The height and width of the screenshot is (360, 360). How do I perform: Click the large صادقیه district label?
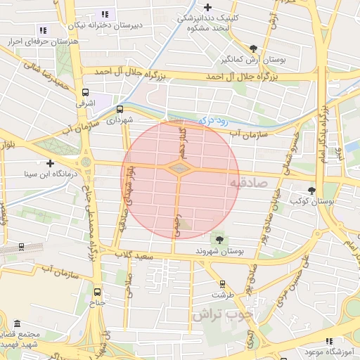[250, 183]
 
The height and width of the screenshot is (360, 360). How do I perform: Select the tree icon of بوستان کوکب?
[312, 190]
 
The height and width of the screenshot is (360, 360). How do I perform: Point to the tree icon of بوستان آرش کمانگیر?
[253, 49]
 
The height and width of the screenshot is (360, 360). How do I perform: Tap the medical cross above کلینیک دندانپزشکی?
[229, 6]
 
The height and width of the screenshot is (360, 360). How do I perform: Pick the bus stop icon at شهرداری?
[120, 109]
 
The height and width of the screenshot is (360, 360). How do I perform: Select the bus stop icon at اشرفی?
[86, 92]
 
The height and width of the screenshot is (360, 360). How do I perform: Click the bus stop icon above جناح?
[97, 292]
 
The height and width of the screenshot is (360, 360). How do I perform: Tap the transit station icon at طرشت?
[223, 284]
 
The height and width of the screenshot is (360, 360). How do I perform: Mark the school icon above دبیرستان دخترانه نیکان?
[105, 13]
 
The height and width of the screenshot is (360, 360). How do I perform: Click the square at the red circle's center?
[180, 169]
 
